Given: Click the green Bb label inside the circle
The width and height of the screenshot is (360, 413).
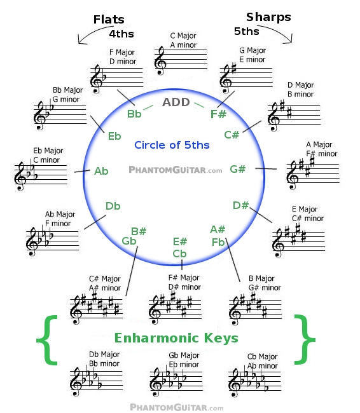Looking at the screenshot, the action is tap(134, 114).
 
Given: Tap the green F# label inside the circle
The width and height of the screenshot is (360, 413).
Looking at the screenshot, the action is tap(218, 114).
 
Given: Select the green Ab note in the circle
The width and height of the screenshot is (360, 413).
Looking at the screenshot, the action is tap(101, 171).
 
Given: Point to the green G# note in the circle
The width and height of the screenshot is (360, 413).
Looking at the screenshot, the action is tap(238, 169).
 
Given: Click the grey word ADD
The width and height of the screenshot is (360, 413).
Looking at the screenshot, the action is tap(176, 102).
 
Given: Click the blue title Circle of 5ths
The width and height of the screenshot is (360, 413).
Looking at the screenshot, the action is tap(172, 145).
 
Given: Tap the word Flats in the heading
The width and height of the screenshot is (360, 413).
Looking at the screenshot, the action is tap(109, 20).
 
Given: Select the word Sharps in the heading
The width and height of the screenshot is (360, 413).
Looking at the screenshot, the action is tap(268, 17).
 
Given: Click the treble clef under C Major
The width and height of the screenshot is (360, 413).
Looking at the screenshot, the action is tap(160, 60).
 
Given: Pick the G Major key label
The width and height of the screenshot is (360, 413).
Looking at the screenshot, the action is tap(253, 50).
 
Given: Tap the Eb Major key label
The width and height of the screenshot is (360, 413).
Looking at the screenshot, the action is tap(48, 151).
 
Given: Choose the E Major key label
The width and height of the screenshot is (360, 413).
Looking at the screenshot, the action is tap(305, 209).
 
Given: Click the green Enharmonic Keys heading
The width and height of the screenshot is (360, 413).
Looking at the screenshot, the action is tap(176, 338).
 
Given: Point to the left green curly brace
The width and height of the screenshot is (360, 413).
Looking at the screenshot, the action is tap(47, 340).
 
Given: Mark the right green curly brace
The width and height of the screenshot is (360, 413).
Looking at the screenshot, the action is tap(305, 340).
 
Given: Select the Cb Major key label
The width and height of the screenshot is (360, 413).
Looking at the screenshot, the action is tap(262, 356).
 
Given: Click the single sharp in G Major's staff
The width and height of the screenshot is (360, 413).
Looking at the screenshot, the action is tap(233, 68).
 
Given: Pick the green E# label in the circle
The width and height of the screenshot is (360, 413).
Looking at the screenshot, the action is tap(180, 241).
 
